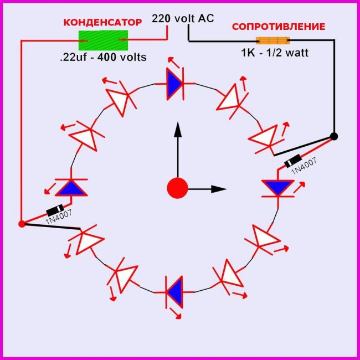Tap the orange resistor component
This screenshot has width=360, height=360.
click(x=272, y=40)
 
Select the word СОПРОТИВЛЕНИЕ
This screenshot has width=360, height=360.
click(x=278, y=26)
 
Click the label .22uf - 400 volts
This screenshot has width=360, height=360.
click(x=104, y=57)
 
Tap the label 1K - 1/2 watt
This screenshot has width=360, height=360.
click(x=275, y=53)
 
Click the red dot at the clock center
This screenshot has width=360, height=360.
click(x=178, y=188)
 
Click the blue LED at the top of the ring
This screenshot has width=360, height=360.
click(x=174, y=84)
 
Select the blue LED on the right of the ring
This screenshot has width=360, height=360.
click(x=277, y=187)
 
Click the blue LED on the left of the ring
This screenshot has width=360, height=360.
click(x=71, y=188)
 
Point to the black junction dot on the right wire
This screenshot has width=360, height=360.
click(x=335, y=136)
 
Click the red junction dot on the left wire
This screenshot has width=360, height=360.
click(x=22, y=224)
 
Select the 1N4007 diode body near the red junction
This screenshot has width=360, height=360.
click(x=54, y=211)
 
